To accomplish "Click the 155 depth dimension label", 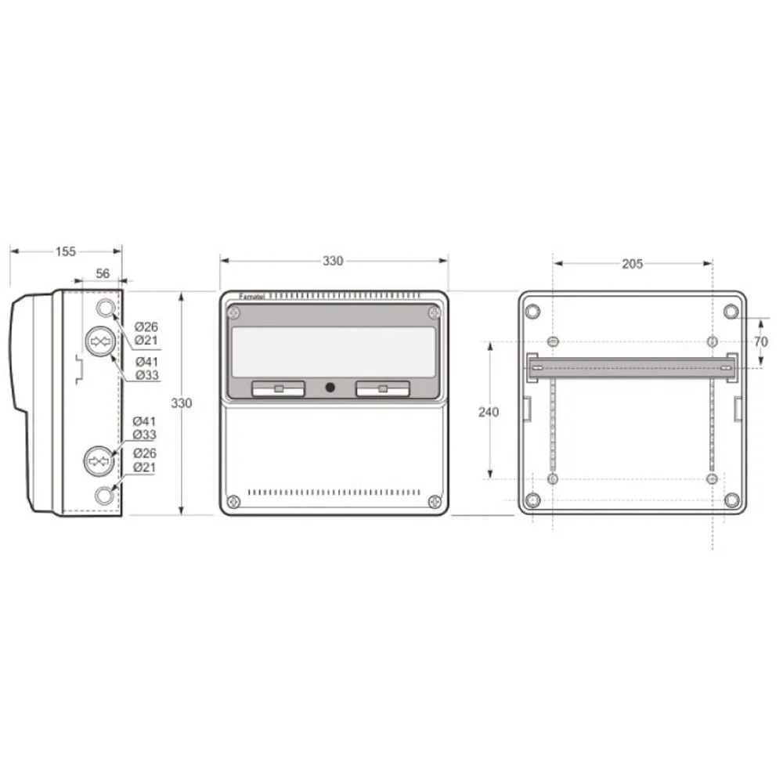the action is [66, 251].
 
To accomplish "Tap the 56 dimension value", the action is [103, 273].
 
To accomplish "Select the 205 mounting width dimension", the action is [632, 264].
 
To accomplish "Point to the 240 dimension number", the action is [488, 412].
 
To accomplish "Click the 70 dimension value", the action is [760, 341].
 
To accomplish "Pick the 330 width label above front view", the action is [333, 261].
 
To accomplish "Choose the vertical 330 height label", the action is [182, 403].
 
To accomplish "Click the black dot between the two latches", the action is [330, 387].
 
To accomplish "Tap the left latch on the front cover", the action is [278, 388].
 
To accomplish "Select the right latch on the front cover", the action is [383, 388].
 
